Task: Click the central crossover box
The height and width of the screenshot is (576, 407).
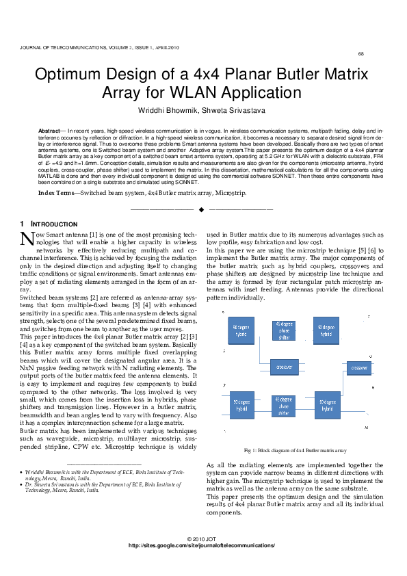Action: [284, 367]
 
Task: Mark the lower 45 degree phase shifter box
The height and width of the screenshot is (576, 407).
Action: [284, 404]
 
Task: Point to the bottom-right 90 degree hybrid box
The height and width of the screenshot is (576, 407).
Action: [327, 406]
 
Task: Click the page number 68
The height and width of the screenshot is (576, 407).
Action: [360, 54]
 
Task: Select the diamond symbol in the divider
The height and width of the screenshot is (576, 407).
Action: [201, 208]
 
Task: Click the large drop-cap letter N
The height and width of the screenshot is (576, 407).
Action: [27, 237]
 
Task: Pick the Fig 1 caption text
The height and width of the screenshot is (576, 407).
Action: [295, 451]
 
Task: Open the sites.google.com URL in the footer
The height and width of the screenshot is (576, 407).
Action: [202, 545]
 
